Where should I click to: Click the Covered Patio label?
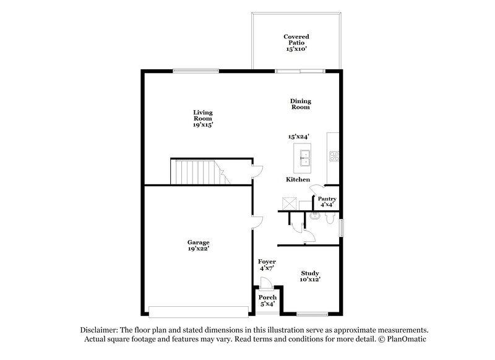[296, 41]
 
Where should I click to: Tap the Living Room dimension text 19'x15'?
[203, 125]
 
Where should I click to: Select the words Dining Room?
[301, 104]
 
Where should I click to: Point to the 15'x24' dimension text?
[298, 136]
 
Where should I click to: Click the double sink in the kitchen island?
[304, 159]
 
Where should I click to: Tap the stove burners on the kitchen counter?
[334, 156]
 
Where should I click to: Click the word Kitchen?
[298, 179]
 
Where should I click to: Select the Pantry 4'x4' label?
[327, 201]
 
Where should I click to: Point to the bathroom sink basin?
[314, 216]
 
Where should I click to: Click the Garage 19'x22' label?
[199, 246]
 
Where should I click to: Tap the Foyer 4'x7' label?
[267, 265]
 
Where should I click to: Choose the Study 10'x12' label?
[311, 276]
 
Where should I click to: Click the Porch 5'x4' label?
[268, 301]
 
